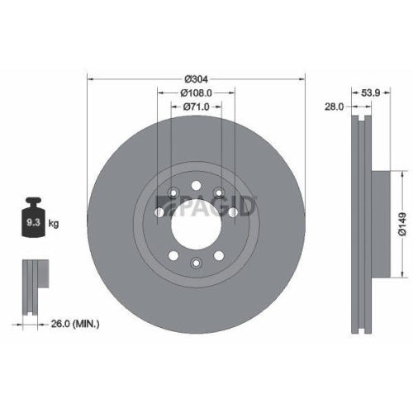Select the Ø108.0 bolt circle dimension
pos(196,93)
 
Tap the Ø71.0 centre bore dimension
pos(196,107)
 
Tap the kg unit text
pos(53,223)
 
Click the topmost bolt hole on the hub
pos(196,183)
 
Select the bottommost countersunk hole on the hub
pos(196,263)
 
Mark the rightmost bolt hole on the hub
pos(235,212)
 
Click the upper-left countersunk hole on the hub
pos(173,194)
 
